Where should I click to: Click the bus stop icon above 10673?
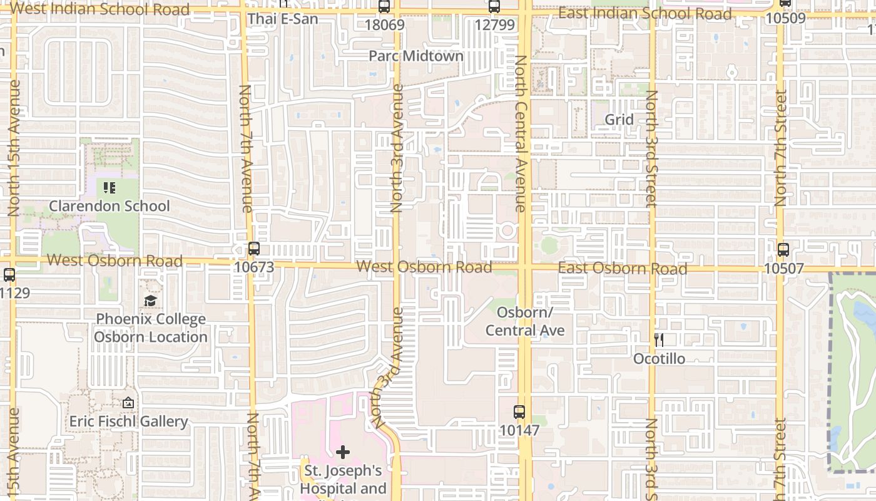pyautogui.click(x=253, y=248)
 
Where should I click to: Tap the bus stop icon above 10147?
pyautogui.click(x=519, y=411)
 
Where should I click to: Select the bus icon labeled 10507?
pyautogui.click(x=783, y=250)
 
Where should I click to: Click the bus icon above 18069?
pyautogui.click(x=384, y=7)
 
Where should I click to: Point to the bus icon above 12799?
pyautogui.click(x=494, y=7)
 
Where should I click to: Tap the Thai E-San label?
pyautogui.click(x=282, y=19)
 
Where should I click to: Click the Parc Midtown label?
pyautogui.click(x=416, y=56)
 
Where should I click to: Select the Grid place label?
pyautogui.click(x=619, y=120)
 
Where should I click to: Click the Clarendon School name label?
pyautogui.click(x=109, y=206)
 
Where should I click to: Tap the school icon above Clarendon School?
pyautogui.click(x=109, y=187)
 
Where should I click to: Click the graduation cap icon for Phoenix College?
pyautogui.click(x=150, y=301)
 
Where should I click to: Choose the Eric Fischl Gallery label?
pyautogui.click(x=128, y=421)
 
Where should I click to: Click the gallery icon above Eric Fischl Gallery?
pyautogui.click(x=128, y=403)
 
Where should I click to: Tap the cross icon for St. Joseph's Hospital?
pyautogui.click(x=343, y=452)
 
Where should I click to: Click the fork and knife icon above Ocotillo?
pyautogui.click(x=658, y=340)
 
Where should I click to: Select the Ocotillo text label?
pyautogui.click(x=659, y=359)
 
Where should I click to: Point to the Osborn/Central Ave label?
pyautogui.click(x=525, y=321)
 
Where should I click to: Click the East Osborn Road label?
pyautogui.click(x=623, y=268)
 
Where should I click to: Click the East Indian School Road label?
pyautogui.click(x=644, y=13)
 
